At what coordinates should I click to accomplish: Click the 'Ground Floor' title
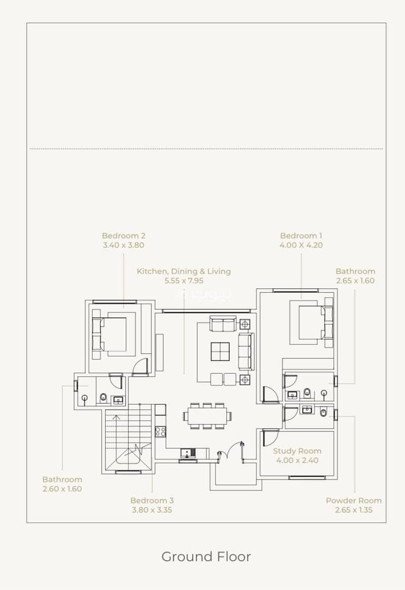tap(206, 557)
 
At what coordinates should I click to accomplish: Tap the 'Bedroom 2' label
tap(124, 236)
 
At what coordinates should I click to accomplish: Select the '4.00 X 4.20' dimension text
tap(301, 245)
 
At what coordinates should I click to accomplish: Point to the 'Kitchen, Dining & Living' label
tap(184, 271)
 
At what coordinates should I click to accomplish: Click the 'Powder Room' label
tap(354, 501)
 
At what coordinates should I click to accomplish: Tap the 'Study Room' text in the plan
tap(297, 451)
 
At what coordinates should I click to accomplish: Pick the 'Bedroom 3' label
tap(152, 501)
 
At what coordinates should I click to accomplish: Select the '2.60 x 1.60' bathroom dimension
tap(62, 489)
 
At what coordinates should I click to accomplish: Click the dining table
tap(208, 416)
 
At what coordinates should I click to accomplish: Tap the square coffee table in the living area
tap(220, 352)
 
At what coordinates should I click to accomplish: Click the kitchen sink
tap(187, 453)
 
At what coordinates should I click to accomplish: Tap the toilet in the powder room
tap(323, 412)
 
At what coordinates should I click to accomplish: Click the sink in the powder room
tap(307, 409)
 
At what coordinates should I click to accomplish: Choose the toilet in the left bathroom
tap(103, 397)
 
